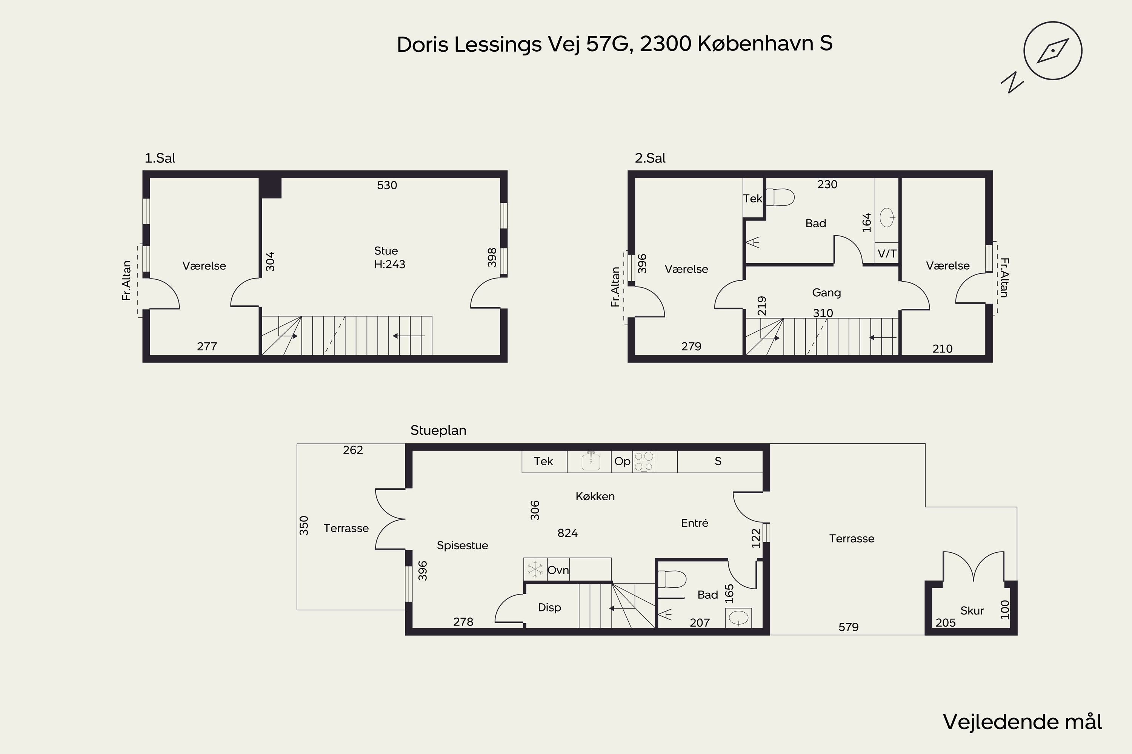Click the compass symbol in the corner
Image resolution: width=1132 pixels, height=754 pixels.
[x=1053, y=51]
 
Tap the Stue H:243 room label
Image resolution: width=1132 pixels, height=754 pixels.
[x=389, y=257]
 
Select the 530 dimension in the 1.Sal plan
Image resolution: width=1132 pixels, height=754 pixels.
[x=387, y=185]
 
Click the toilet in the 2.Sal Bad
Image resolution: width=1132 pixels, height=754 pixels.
[x=780, y=197]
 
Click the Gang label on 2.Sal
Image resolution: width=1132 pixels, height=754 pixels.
[x=826, y=293]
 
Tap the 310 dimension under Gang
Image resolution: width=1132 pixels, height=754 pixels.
[x=823, y=313]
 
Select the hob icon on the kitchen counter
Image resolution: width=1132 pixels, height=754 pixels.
[x=643, y=461]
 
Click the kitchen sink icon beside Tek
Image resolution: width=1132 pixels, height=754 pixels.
[x=591, y=461]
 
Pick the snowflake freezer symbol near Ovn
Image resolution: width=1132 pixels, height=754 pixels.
[x=535, y=569]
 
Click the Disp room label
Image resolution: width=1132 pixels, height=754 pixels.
[x=549, y=607]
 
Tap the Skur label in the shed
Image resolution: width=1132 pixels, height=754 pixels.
[x=972, y=611]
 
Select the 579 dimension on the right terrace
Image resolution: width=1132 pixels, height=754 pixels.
[x=848, y=627]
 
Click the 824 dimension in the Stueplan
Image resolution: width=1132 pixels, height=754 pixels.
[x=568, y=533]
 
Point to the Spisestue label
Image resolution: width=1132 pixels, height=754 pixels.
[x=462, y=545]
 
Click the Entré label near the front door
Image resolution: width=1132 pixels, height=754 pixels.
[x=695, y=523]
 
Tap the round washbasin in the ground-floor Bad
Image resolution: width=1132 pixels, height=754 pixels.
[x=738, y=618]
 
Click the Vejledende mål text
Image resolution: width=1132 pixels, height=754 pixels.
[x=1022, y=722]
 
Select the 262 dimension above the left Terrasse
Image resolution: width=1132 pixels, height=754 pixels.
[x=353, y=450]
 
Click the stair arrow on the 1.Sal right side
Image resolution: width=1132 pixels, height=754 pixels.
[x=409, y=336]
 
